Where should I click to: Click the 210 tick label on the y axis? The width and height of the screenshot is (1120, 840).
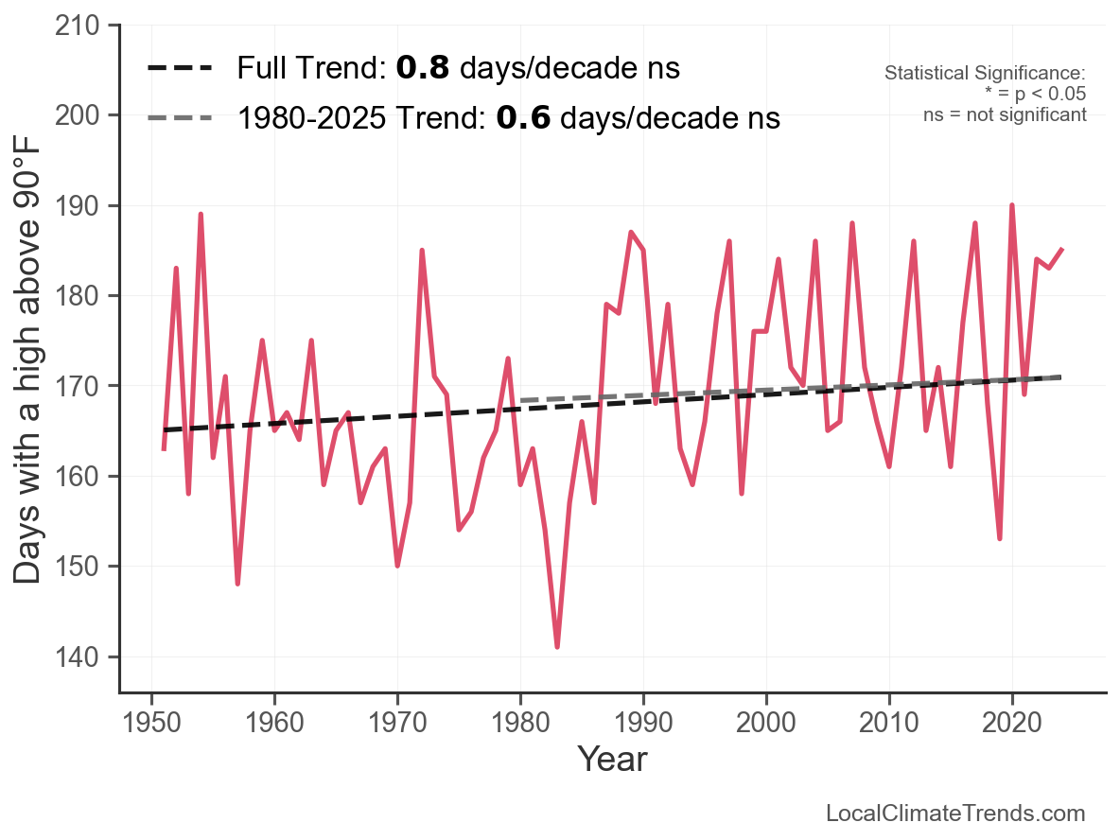pos(78,26)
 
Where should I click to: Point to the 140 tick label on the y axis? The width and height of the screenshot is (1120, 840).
pos(78,656)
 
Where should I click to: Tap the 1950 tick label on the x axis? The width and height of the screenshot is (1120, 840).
pos(151,722)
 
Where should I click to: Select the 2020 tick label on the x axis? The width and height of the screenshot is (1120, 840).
pos(1012,722)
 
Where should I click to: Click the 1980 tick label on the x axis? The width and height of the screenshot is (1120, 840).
pos(520,722)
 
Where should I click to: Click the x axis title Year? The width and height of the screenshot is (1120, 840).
pos(613,759)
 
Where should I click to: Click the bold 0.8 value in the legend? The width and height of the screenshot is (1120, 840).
pos(423,68)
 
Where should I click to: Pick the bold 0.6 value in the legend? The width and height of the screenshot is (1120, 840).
pos(523,118)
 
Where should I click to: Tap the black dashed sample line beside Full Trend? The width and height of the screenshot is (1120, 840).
pos(180,68)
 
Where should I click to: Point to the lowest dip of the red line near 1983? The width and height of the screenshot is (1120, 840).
pos(557,646)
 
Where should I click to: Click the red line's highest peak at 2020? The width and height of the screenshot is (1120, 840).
pos(1012,205)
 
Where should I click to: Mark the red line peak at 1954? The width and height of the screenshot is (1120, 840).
pos(201,215)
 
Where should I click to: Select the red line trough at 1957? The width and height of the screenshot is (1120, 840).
pos(237,584)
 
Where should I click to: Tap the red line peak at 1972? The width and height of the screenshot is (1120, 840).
pos(422,251)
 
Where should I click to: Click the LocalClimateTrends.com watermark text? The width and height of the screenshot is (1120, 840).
pos(955,813)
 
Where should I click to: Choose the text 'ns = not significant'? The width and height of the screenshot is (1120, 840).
pos(1005,115)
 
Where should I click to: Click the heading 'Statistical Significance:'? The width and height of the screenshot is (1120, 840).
pos(985,73)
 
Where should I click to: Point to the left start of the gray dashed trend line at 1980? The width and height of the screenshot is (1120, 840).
pos(522,400)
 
